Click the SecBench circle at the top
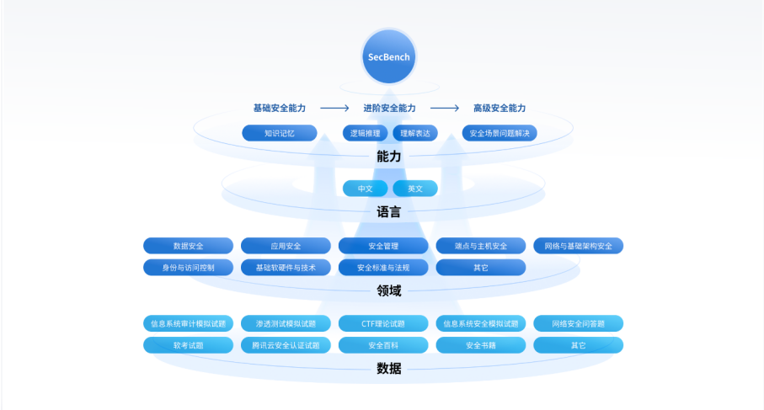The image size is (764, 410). pyautogui.click(x=388, y=57)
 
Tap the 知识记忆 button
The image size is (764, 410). pyautogui.click(x=279, y=133)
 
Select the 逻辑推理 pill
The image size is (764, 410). pyautogui.click(x=366, y=133)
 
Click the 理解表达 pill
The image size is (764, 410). pyautogui.click(x=414, y=133)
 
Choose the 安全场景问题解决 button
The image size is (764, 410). pyautogui.click(x=500, y=133)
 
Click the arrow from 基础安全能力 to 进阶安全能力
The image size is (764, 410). pyautogui.click(x=334, y=109)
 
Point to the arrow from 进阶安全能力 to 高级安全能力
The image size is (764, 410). pyautogui.click(x=445, y=109)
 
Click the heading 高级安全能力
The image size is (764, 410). pyautogui.click(x=500, y=109)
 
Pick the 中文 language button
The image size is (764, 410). pyautogui.click(x=365, y=189)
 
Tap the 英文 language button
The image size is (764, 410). pyautogui.click(x=414, y=189)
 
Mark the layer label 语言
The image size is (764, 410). pyautogui.click(x=388, y=212)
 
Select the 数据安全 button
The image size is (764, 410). pyautogui.click(x=188, y=246)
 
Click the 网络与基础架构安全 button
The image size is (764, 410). pyautogui.click(x=578, y=246)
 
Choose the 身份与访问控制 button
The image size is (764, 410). pyautogui.click(x=188, y=268)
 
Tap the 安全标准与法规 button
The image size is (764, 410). pyautogui.click(x=383, y=268)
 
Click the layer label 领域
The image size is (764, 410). pyautogui.click(x=388, y=291)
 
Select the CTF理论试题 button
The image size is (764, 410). pyautogui.click(x=383, y=323)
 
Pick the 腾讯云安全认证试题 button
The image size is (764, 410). pyautogui.click(x=286, y=345)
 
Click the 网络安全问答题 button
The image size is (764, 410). pyautogui.click(x=578, y=323)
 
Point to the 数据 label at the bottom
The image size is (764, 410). pyautogui.click(x=388, y=369)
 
